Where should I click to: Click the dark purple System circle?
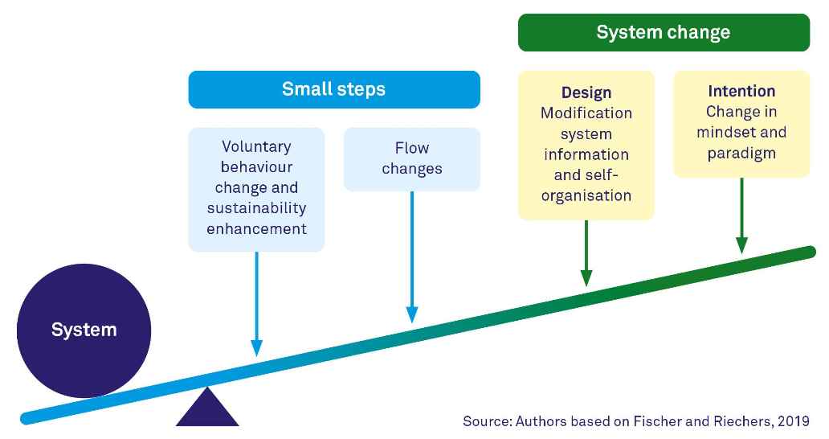point(84,330)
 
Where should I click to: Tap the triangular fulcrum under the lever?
point(207,409)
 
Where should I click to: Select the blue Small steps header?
point(333,89)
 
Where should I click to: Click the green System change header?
point(663,32)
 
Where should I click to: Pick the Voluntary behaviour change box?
point(256,188)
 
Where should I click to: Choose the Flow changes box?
point(411,158)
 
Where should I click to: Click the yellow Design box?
point(586,145)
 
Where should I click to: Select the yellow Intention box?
point(741,123)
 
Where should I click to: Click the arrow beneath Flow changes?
point(411,257)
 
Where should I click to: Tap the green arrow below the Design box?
point(586,252)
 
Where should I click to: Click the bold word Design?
point(586,92)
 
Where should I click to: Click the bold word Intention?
point(741,91)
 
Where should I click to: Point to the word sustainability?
point(256,208)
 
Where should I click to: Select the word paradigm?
point(741,153)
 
